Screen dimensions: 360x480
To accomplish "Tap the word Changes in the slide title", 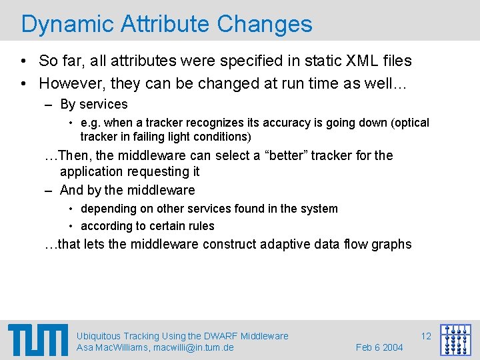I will click(x=265, y=24).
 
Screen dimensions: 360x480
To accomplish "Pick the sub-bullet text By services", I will click(x=93, y=104).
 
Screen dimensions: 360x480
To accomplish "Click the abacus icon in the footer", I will click(x=456, y=340).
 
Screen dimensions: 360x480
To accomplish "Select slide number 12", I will click(x=426, y=336).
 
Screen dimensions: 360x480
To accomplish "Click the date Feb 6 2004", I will click(x=379, y=347).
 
